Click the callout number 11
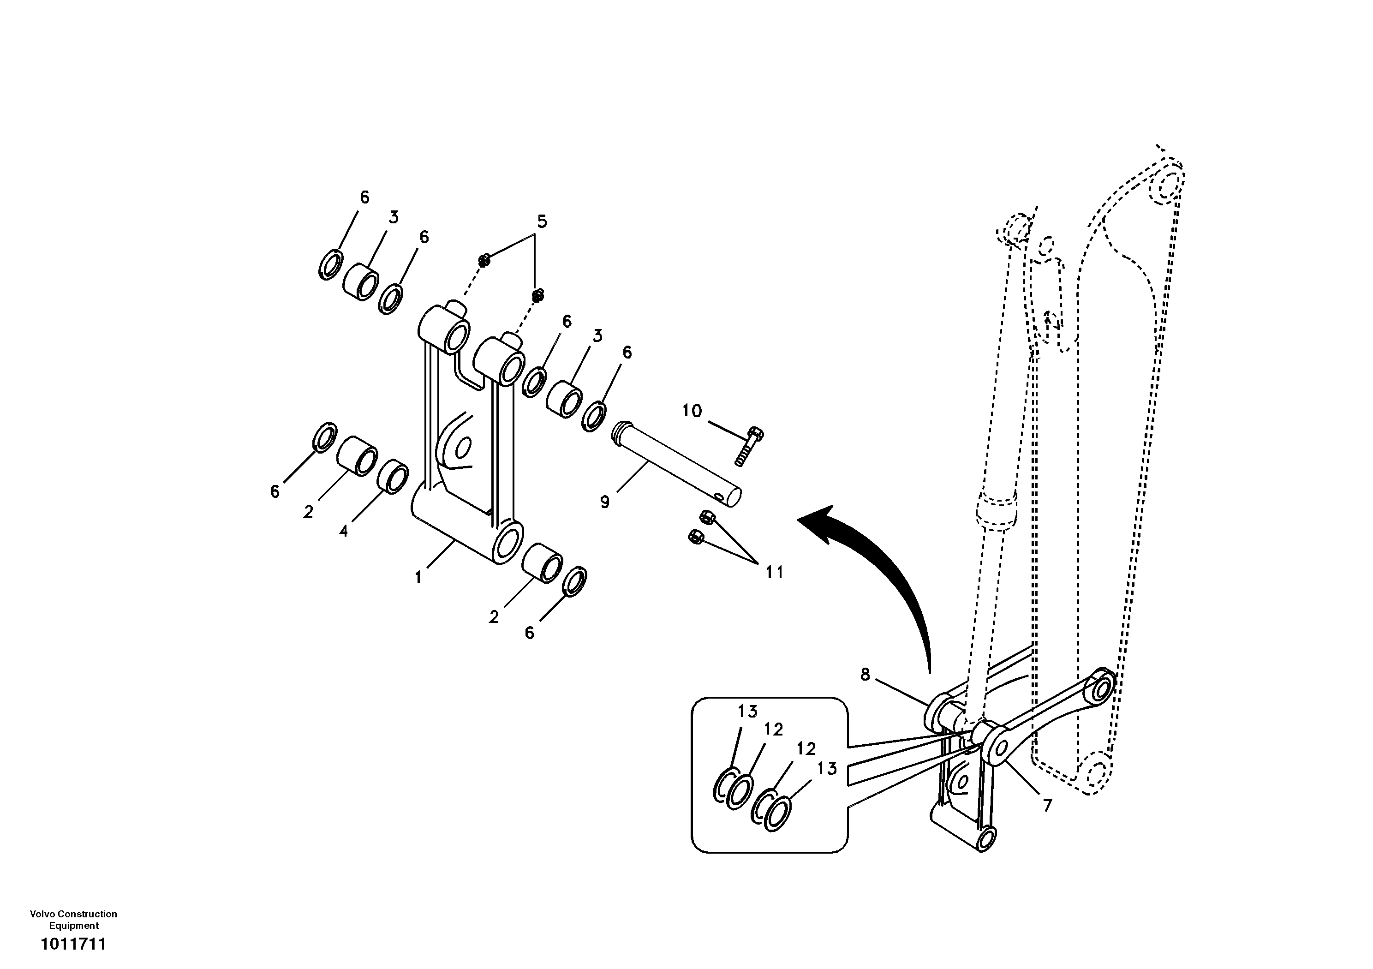(775, 573)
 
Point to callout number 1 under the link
(418, 578)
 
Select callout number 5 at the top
(542, 222)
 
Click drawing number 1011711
(73, 945)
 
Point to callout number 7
(1047, 806)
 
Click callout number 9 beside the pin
(604, 502)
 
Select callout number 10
(692, 411)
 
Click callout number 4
(343, 531)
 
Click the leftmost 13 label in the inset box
(747, 712)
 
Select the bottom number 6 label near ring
(529, 633)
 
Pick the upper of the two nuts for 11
(705, 516)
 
